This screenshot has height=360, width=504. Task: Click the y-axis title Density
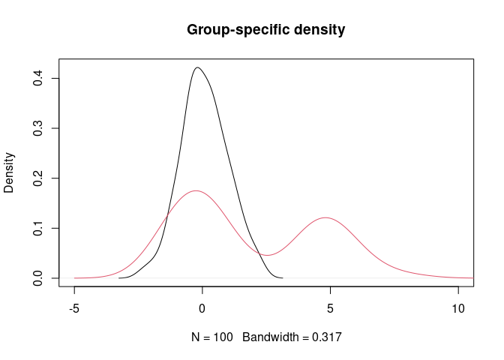click(x=10, y=173)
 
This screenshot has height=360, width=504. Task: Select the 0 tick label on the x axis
click(x=202, y=307)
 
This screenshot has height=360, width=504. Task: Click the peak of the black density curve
click(x=197, y=67)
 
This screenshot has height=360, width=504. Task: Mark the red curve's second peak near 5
click(x=325, y=217)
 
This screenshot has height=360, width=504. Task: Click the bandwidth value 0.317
click(x=328, y=338)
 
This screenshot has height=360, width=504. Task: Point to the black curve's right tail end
click(x=281, y=277)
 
